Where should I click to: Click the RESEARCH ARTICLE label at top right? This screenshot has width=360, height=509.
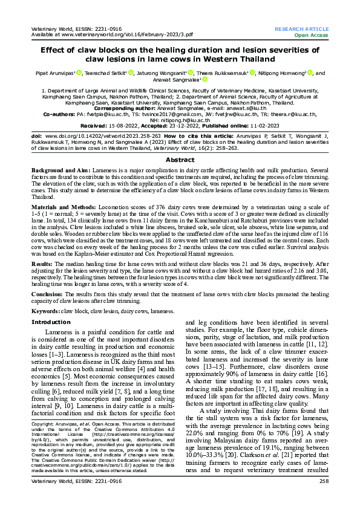(301, 29)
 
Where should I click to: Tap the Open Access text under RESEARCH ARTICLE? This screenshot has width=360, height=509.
(312, 35)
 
